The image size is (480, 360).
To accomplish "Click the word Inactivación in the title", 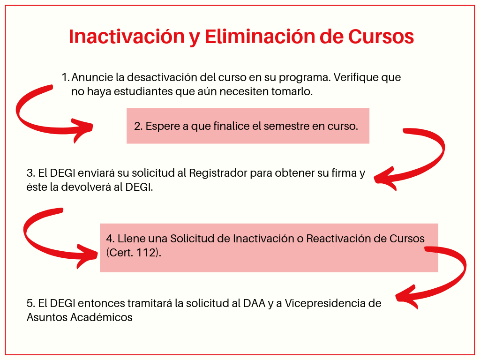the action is tap(127, 37).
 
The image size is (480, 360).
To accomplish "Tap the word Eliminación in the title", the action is tap(260, 37).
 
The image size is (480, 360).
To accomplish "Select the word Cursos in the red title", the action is tap(381, 37).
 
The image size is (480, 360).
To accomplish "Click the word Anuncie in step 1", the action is tap(92, 77).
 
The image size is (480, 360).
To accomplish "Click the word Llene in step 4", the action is tap(131, 239).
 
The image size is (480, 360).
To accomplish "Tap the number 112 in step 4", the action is tap(147, 253).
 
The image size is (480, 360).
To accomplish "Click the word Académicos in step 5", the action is tap(101, 317).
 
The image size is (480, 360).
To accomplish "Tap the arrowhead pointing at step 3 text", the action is tap(385, 179).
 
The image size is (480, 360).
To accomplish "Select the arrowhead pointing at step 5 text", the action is tap(406, 297).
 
